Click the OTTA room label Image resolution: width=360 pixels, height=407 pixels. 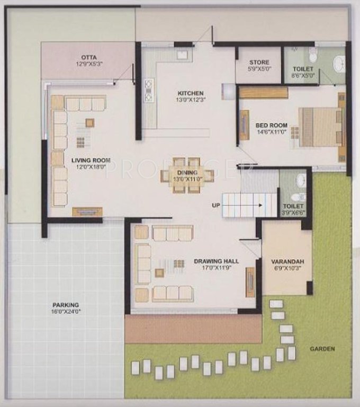coord(88,57)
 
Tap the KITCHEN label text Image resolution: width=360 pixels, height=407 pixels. coord(190,93)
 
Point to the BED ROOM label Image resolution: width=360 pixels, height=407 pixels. coord(271,126)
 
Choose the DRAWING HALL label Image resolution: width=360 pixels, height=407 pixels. coord(216,261)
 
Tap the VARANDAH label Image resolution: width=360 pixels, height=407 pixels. coord(286,262)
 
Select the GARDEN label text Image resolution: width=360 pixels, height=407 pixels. coord(323,349)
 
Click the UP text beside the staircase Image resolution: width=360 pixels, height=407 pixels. coord(216,205)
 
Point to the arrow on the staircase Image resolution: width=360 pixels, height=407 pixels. coord(254,205)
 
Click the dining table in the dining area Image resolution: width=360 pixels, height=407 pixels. coord(187,174)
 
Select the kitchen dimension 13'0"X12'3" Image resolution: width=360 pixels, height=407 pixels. coord(190,100)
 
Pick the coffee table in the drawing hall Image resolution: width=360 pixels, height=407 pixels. coord(159,273)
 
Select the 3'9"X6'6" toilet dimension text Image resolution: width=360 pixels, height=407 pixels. coord(293,212)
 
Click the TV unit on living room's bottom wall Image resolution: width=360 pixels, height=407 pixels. coord(87,211)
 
